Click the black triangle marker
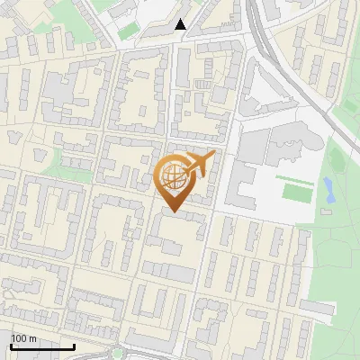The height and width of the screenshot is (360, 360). tap(181, 24)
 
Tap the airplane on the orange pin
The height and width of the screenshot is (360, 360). tap(200, 164)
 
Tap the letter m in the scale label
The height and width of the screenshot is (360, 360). tap(33, 338)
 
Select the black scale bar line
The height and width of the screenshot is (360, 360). tap(42, 346)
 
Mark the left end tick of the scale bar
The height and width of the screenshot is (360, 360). tap(11, 345)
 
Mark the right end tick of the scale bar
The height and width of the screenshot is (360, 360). tap(75, 345)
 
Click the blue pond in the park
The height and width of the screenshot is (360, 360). tap(328, 189)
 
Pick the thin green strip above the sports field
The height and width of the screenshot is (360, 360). tap(294, 179)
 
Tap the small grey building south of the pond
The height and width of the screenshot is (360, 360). tap(327, 212)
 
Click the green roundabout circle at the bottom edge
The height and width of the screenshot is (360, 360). tap(117, 354)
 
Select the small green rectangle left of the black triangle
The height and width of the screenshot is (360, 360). tap(129, 31)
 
